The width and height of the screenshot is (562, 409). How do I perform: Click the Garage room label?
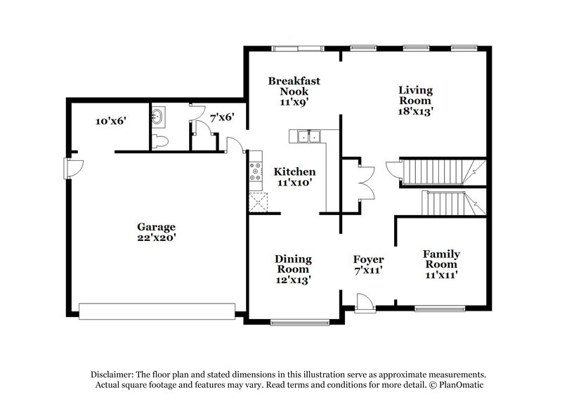click(x=156, y=226)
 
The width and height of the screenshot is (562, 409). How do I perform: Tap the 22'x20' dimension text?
click(x=156, y=238)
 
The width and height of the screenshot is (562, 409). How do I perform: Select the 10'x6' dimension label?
click(x=110, y=121)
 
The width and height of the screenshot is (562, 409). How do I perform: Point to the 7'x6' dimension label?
click(x=222, y=117)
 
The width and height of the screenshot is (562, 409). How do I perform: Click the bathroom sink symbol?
click(x=158, y=117)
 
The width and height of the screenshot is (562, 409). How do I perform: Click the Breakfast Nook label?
click(x=294, y=86)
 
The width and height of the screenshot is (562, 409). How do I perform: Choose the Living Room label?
click(x=415, y=95)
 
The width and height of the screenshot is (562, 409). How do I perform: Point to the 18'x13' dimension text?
click(x=415, y=110)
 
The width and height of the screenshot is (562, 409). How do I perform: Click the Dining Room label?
click(x=294, y=264)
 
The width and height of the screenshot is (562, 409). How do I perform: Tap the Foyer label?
click(x=368, y=259)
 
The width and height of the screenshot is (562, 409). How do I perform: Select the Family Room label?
click(x=441, y=259)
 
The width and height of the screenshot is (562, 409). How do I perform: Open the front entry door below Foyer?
click(x=364, y=303)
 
